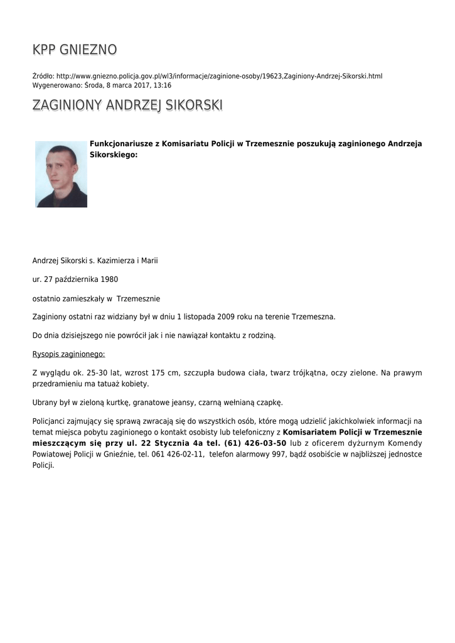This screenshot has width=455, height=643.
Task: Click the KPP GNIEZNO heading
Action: click(74, 50)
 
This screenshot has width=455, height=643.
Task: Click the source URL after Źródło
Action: click(219, 76)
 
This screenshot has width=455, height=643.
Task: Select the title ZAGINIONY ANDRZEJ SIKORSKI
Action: click(127, 105)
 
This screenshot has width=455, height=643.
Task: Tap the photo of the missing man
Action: click(61, 174)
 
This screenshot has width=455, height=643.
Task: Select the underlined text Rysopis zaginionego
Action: click(68, 354)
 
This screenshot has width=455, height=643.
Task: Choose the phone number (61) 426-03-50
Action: click(255, 443)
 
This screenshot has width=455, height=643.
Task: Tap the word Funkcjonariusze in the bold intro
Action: click(120, 144)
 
